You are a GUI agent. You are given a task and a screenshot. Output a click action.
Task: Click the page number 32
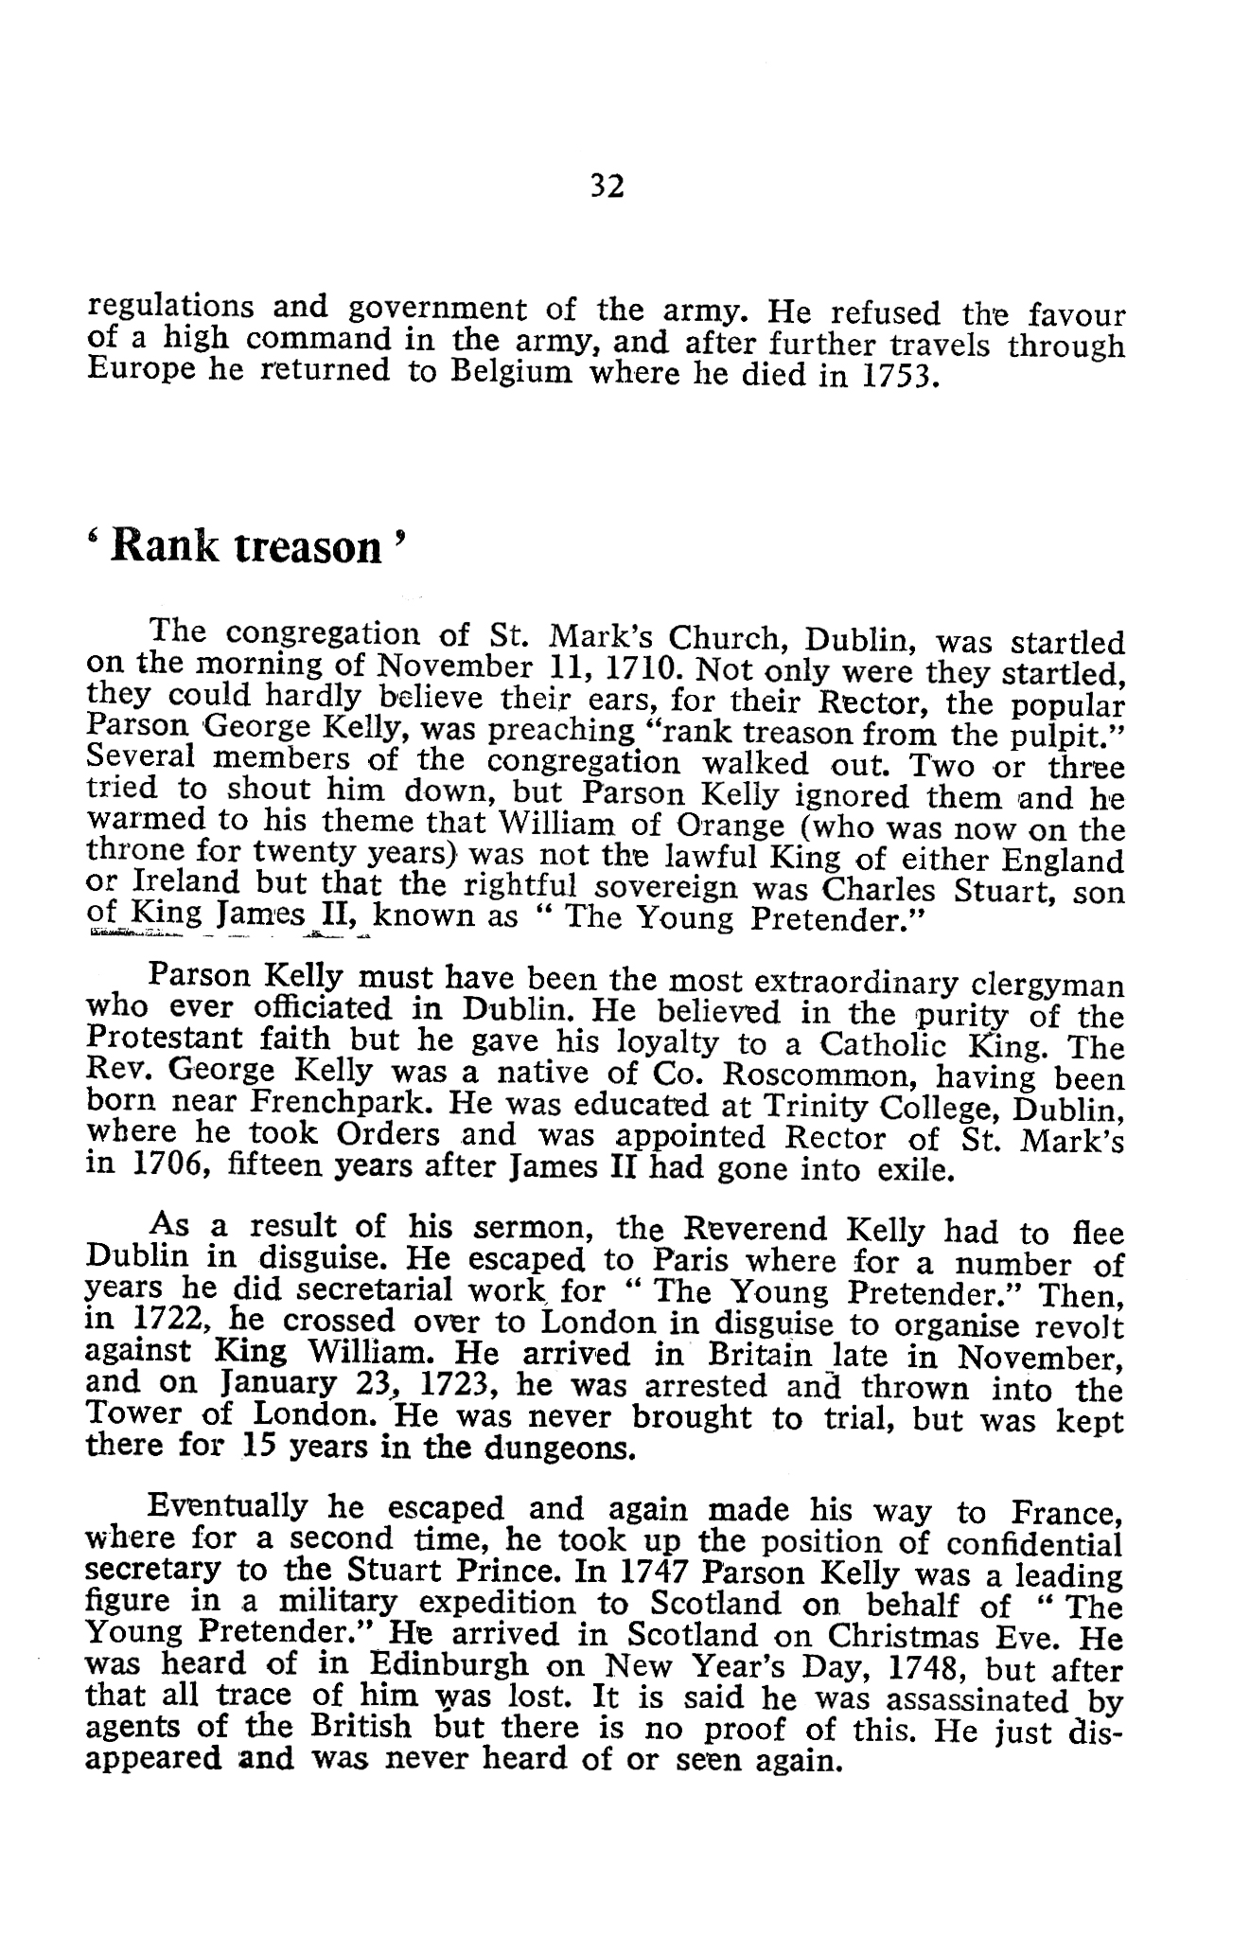tap(607, 187)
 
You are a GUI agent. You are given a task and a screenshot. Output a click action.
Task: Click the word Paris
tap(696, 1262)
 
